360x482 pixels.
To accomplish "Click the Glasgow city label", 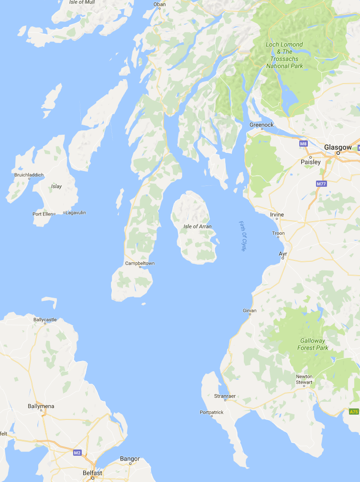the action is coord(338,147).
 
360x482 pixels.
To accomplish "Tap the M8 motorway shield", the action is coord(303,143).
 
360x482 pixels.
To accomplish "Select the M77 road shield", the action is coord(321,183).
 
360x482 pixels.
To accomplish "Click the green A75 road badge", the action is coord(354,411).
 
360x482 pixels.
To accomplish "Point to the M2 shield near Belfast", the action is coord(77,452).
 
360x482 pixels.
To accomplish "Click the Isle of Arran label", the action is coord(197,226).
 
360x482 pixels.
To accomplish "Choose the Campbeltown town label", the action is coord(140,263).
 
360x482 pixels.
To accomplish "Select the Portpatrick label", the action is coord(211,412).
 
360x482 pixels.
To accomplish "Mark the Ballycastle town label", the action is coord(45,319).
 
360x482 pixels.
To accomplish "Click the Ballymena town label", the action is coord(41,406).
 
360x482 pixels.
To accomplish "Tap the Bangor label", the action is coord(130,459).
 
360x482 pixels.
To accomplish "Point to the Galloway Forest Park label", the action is coord(313,344).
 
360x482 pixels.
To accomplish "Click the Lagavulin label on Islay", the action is coord(76,213).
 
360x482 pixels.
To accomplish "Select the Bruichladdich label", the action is coord(29,174).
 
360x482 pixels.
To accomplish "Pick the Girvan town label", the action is coord(250,311).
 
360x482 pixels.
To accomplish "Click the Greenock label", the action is coord(262,125).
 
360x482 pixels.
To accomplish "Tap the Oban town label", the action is coord(159,4).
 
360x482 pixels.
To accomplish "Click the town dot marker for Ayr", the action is coord(283,258).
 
